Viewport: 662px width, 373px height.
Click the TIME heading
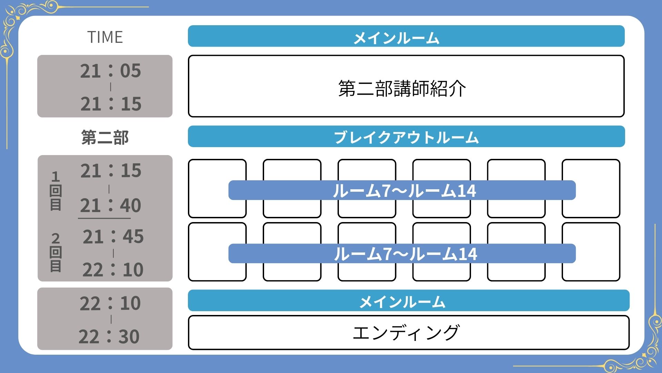coord(105,37)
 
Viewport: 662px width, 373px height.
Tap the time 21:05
coord(110,70)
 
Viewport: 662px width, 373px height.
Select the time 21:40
coord(110,205)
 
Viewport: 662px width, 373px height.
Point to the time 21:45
coord(113,237)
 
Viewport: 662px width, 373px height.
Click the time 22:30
coord(109,336)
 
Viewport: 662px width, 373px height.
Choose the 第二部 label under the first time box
coord(105,137)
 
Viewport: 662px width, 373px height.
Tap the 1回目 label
coord(56,191)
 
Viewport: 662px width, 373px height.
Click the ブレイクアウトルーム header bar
coord(406,137)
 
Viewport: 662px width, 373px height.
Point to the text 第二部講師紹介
coord(402,88)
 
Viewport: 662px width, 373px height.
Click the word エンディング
coord(406,332)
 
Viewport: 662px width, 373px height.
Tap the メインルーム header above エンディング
coord(409,301)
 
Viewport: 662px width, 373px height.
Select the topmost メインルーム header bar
coord(406,36)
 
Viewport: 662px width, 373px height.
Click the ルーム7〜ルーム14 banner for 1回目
coord(402,190)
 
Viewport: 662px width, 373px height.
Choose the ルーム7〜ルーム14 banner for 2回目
coord(402,254)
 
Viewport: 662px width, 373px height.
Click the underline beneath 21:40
coord(104,218)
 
